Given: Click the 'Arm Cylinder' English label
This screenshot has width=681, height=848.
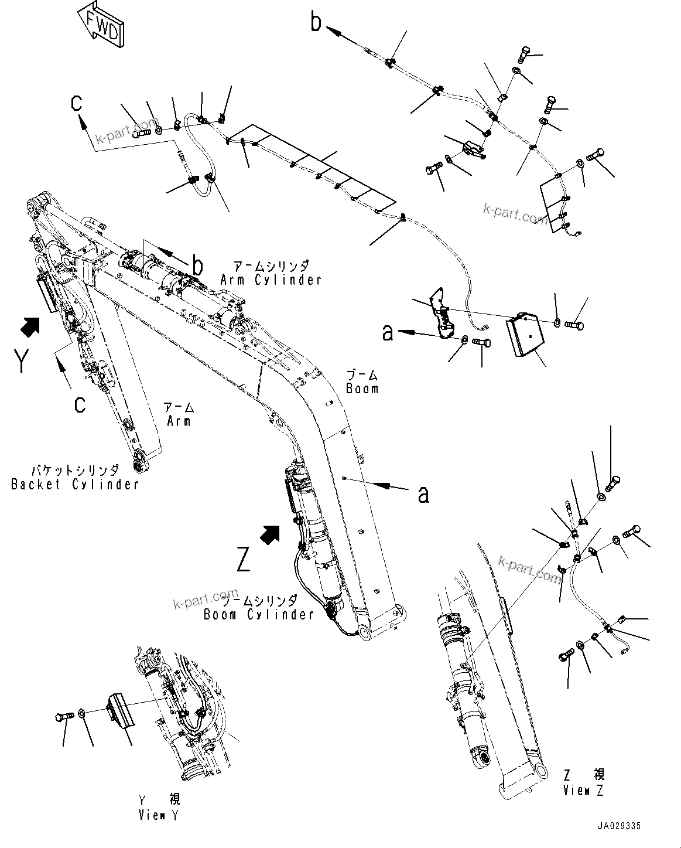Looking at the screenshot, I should click(x=271, y=280).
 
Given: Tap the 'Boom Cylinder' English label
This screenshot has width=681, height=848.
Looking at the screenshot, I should click(x=259, y=614).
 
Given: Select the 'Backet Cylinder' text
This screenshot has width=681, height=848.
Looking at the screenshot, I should click(x=75, y=484).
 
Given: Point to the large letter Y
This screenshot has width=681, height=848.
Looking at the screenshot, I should click(x=20, y=361).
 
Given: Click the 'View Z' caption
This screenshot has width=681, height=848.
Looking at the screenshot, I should click(x=583, y=791).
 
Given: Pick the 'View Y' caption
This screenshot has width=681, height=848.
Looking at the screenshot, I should click(x=159, y=815).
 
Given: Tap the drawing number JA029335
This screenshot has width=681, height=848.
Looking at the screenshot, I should click(x=619, y=826).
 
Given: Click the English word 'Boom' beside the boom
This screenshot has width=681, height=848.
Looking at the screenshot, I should click(x=362, y=389).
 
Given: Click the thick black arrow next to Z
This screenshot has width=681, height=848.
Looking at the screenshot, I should click(x=269, y=534).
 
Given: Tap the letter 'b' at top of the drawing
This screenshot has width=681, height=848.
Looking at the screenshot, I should click(x=316, y=22).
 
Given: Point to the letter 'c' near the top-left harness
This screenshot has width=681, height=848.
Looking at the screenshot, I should click(x=77, y=103).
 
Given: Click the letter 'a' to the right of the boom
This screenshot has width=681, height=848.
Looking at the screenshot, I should click(x=423, y=494).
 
